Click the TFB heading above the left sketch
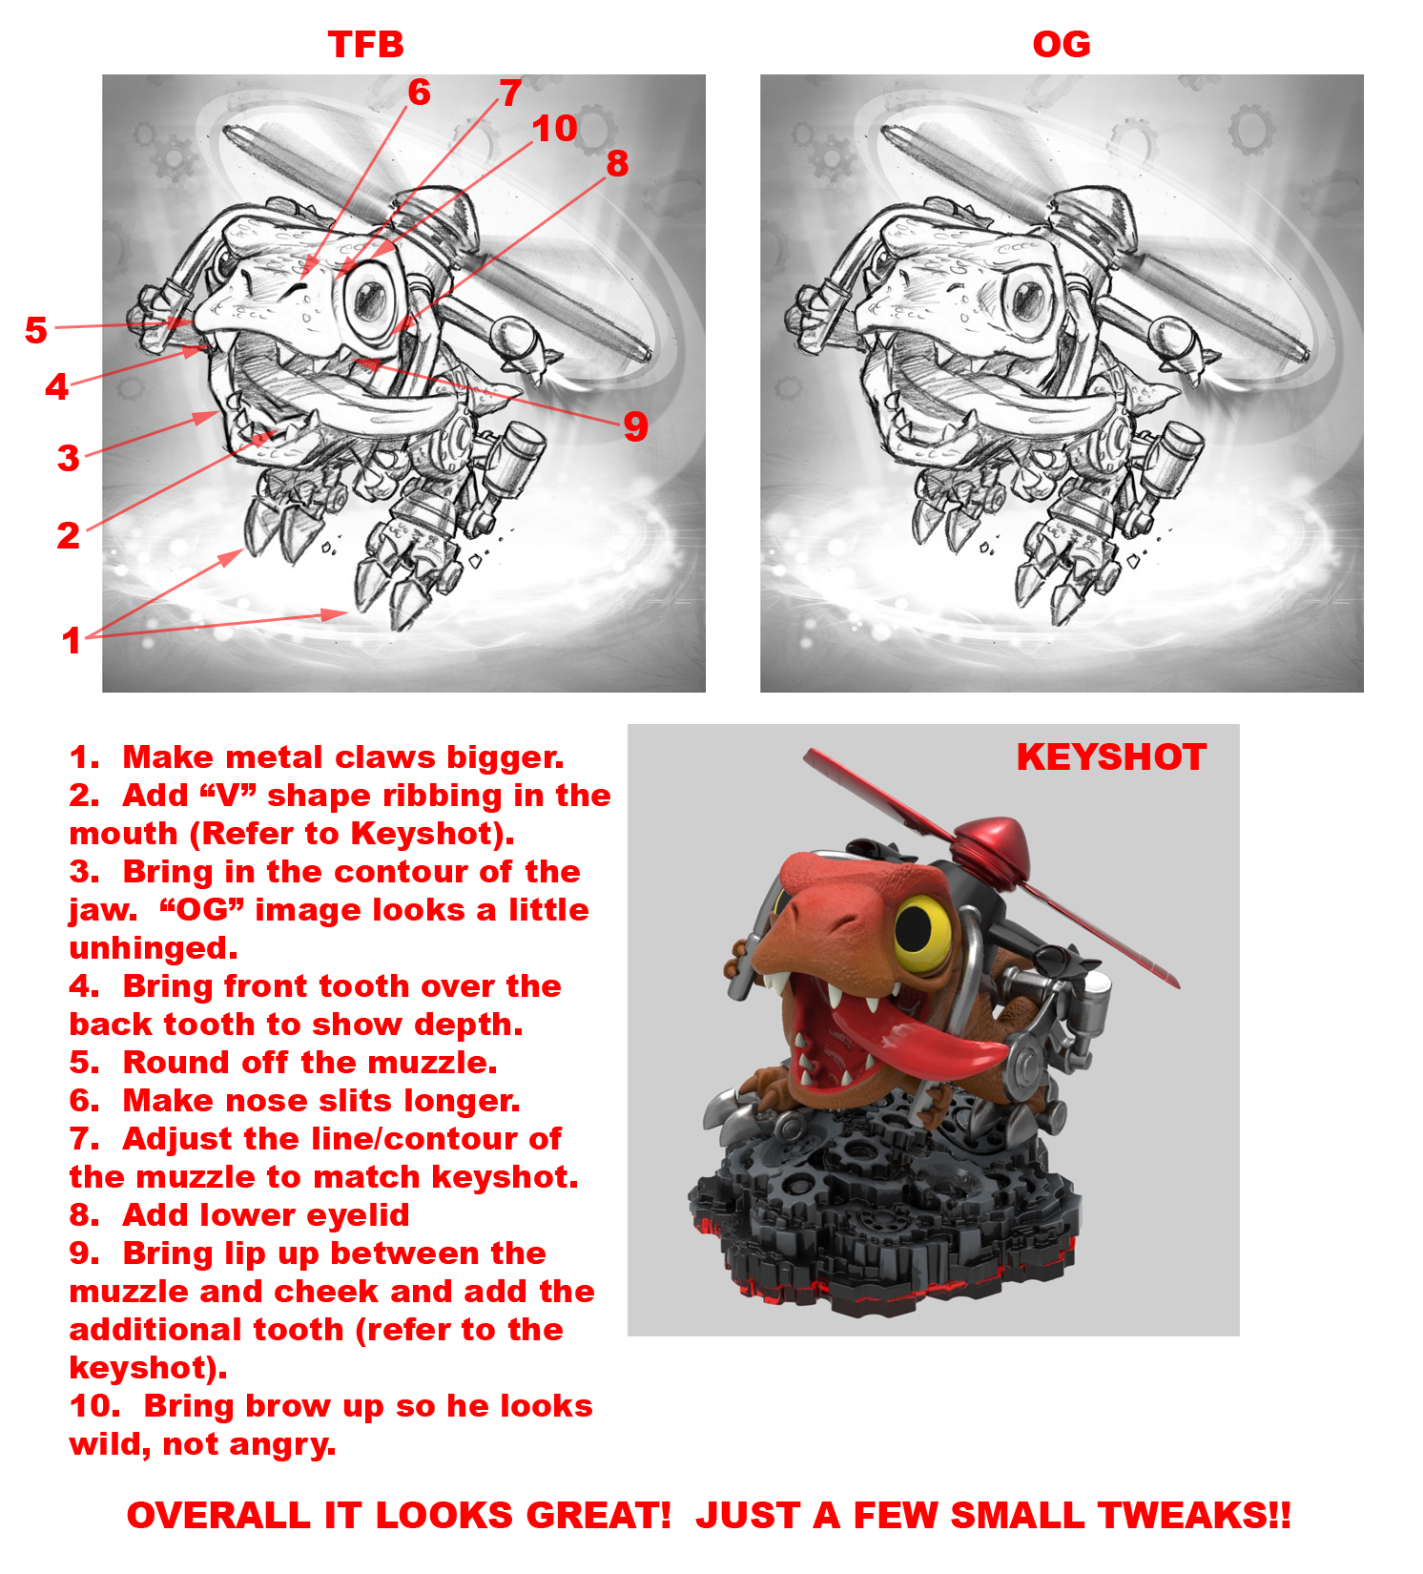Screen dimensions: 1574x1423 coord(365,45)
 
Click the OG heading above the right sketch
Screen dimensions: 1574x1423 coord(1061,45)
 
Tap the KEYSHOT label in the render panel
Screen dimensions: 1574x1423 coord(1110,757)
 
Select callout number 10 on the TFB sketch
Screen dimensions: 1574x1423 coord(554,129)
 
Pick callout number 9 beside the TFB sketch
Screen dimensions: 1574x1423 coord(635,425)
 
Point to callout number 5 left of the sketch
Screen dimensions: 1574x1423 coord(35,330)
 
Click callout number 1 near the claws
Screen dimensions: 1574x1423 coord(71,640)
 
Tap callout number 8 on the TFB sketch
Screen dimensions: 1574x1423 coord(617,163)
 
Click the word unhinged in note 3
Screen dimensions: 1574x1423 coord(153,948)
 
